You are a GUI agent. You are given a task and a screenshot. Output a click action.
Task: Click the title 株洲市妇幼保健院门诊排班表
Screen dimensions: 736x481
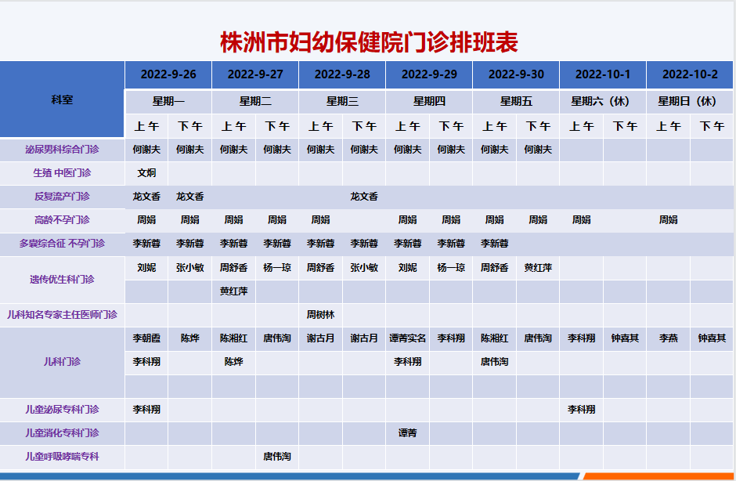[x=369, y=42]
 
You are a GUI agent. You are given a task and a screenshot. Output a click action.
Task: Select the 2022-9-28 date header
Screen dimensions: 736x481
[x=342, y=74]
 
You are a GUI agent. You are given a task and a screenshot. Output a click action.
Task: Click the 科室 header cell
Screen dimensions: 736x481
[x=62, y=99]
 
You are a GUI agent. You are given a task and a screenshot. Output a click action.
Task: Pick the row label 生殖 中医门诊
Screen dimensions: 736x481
[x=62, y=173]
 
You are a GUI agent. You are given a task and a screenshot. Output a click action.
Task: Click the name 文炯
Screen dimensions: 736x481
[x=146, y=173]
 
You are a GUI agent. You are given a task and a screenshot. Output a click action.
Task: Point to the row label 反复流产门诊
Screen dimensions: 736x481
[x=62, y=197]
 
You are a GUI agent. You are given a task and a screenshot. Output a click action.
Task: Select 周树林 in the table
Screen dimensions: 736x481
[x=320, y=315]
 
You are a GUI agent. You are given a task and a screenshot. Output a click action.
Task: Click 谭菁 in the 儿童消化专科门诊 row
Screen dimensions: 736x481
[x=407, y=433]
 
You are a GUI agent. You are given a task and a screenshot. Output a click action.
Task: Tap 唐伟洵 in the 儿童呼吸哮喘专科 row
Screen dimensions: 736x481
[x=277, y=457]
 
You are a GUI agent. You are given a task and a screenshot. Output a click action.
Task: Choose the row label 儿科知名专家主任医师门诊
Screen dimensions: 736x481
[x=62, y=315]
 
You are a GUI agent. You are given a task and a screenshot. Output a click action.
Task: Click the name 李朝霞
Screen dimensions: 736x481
[x=146, y=338]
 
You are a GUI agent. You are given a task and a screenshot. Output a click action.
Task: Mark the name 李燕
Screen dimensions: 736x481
[x=669, y=338]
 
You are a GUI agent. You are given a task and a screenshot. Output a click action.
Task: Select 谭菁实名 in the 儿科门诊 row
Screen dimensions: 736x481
[x=407, y=338]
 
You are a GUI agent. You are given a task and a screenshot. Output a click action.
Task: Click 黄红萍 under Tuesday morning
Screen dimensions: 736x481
[x=234, y=291]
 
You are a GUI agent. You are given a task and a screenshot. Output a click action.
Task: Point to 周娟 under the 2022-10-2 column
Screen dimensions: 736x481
[x=669, y=220]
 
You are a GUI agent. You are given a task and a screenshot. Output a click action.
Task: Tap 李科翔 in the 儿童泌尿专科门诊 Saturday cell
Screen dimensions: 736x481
[x=582, y=410]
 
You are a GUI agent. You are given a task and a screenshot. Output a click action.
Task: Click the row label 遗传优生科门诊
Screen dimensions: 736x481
[x=62, y=280]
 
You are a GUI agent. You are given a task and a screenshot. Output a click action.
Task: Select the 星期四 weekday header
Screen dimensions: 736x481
[x=429, y=101]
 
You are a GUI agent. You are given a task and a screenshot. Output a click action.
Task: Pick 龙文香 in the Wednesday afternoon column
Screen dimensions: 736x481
[x=364, y=197]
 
